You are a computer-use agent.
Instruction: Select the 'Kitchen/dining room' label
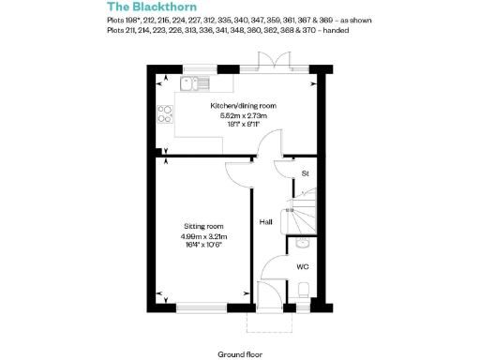coord(244,106)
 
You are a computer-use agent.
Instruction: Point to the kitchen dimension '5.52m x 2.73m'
coord(244,115)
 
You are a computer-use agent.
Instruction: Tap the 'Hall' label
coord(265,222)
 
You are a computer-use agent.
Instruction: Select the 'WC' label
coord(302,266)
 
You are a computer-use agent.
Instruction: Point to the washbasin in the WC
coord(301,244)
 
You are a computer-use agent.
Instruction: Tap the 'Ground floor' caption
coord(240,354)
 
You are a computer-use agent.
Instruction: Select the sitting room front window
coord(201,307)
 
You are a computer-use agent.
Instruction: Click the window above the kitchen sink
coord(199,67)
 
